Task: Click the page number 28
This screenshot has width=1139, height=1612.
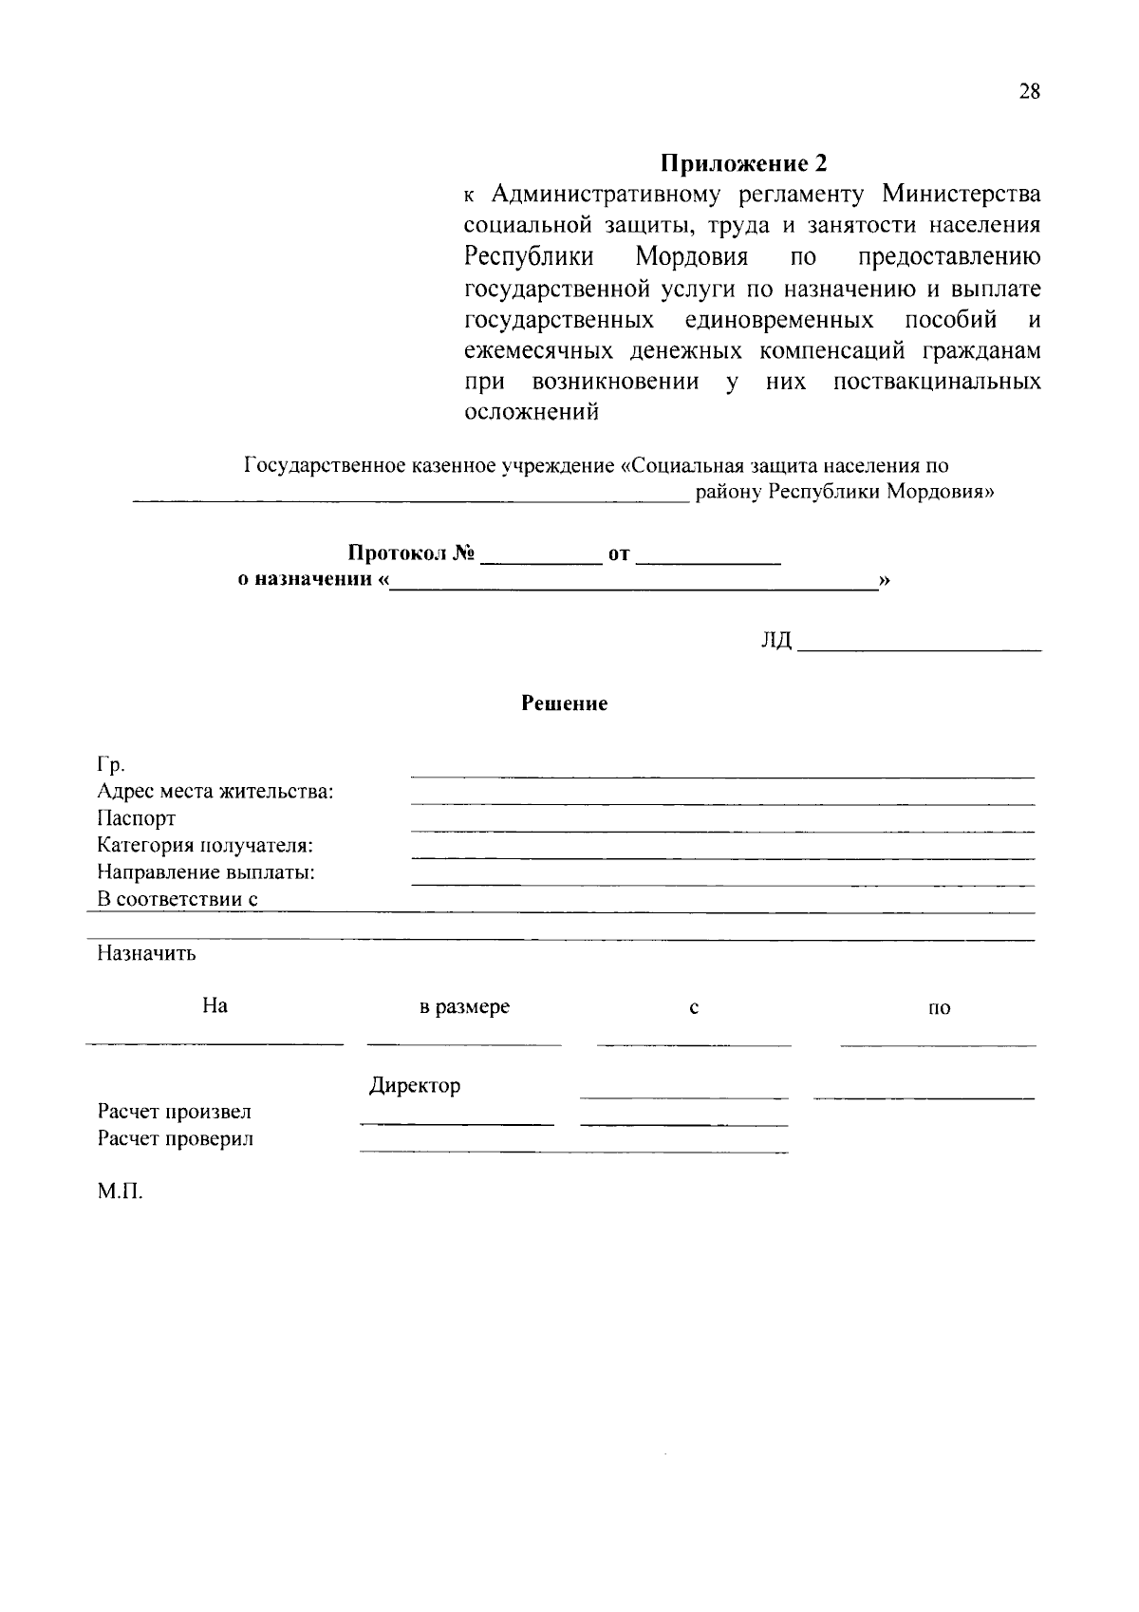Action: tap(1030, 92)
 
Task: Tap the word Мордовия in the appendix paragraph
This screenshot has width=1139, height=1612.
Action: tap(691, 257)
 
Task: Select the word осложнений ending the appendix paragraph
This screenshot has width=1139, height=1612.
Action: tap(532, 413)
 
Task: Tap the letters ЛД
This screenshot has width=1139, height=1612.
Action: tap(775, 641)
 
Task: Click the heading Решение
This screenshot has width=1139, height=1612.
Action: tap(564, 703)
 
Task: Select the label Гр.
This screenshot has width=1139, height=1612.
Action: tap(111, 765)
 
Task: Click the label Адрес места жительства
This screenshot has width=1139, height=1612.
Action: tap(215, 792)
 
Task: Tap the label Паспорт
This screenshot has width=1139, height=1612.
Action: tap(136, 818)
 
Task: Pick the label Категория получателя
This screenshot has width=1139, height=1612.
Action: tap(205, 845)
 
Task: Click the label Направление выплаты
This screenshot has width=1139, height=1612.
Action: tap(206, 872)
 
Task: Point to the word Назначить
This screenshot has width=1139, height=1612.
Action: tap(146, 953)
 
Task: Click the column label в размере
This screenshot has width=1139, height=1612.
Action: tap(464, 1007)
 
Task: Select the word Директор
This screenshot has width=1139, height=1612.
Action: tap(415, 1085)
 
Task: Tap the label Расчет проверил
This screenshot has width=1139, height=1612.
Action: tap(176, 1138)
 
